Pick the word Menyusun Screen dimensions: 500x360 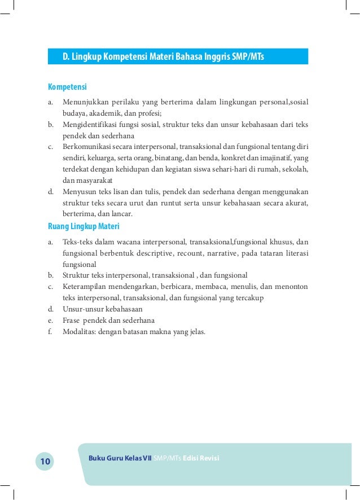(78, 192)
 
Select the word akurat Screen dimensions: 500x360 (296, 203)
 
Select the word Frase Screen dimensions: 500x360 (71, 320)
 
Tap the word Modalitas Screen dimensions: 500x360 (79, 331)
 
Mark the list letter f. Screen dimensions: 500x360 (50, 331)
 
